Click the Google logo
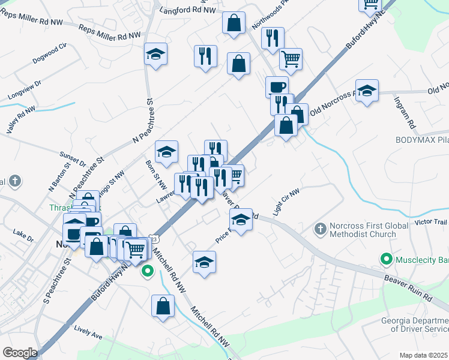pyautogui.click(x=20, y=353)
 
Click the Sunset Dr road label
pyautogui.click(x=73, y=158)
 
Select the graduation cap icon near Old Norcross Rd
pyautogui.click(x=367, y=92)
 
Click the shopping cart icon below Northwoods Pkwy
pyautogui.click(x=291, y=59)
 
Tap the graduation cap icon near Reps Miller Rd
pyautogui.click(x=155, y=55)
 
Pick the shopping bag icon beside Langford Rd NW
pyautogui.click(x=234, y=23)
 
